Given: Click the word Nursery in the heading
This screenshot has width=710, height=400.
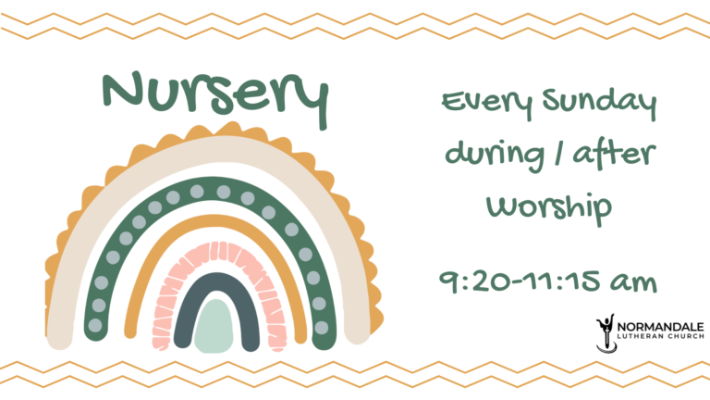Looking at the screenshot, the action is coord(215,96).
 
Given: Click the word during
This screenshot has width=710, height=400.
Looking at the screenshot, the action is coord(495,156).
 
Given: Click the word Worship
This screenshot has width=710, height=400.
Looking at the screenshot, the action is coord(549,207).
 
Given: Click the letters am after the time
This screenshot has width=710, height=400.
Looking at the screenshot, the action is coord(633,282).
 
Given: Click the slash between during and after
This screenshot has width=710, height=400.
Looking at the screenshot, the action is coord(558,154).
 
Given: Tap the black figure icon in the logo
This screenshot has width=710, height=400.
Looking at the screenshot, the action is coord(606,333).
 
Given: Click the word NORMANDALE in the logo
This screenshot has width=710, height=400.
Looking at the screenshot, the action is coord(661,327).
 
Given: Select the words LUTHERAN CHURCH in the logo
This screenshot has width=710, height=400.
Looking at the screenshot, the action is coord(661,336).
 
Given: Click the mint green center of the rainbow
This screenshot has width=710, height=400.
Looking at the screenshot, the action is coord(214,326).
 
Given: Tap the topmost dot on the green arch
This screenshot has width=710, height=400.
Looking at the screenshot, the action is coord(197,192).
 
